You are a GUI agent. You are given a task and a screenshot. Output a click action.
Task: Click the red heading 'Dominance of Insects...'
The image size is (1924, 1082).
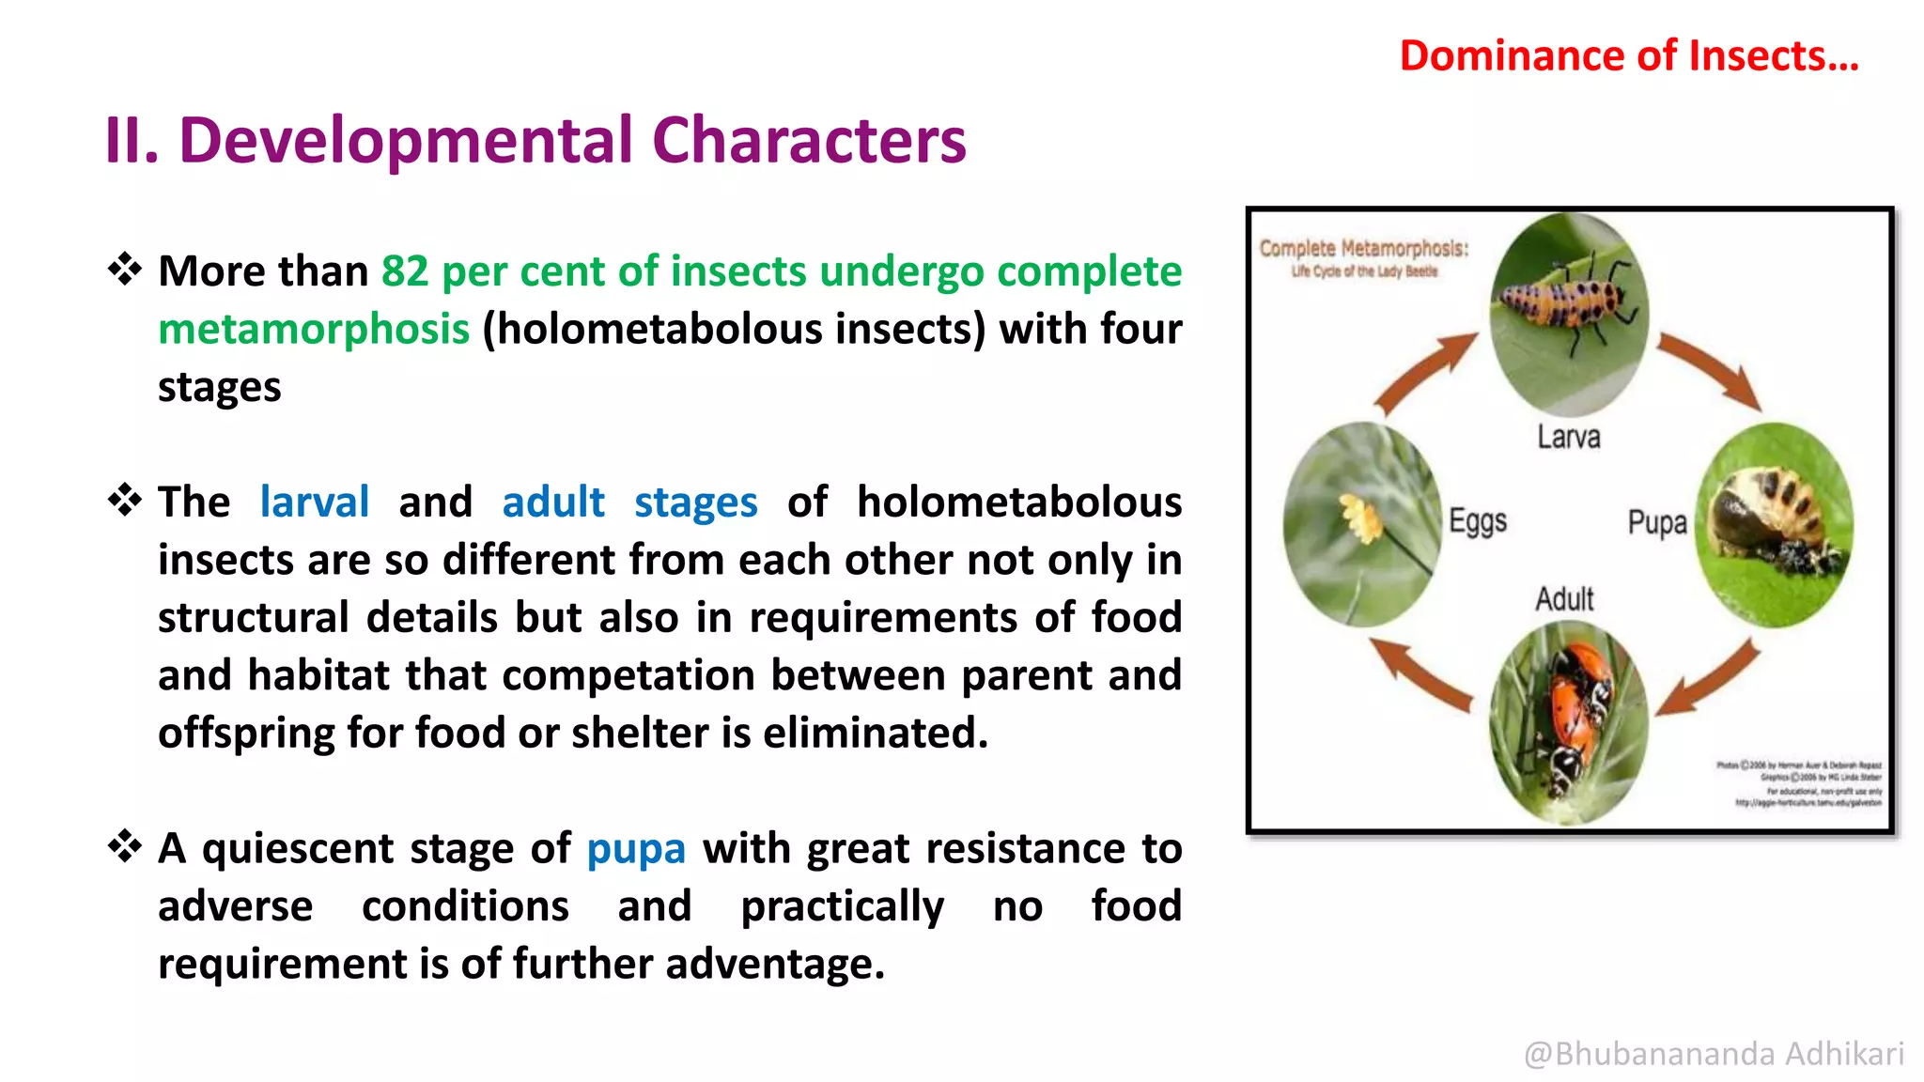coord(1628,56)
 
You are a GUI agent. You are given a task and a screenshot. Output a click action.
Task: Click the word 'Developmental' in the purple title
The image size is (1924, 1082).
coord(406,141)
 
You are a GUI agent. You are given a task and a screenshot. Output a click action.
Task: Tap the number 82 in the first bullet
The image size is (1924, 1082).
coord(404,271)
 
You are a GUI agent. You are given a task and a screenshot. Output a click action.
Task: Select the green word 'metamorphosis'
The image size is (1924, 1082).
coord(314,330)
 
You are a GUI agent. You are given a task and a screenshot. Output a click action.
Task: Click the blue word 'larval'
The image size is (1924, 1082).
coord(314,502)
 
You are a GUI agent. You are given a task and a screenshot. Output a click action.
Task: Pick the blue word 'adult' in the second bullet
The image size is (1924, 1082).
coord(552,502)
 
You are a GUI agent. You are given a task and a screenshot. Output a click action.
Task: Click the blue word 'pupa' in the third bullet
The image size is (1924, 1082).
coord(636,849)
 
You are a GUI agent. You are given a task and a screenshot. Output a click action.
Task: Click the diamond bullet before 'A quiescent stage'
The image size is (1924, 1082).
coord(124,847)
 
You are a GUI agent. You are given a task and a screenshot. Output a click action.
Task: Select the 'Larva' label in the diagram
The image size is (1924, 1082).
coord(1568,438)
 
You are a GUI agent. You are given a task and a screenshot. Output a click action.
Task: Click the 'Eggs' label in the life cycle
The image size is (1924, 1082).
coord(1477,521)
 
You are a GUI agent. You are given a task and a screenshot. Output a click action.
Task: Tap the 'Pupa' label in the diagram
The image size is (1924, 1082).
coord(1656,523)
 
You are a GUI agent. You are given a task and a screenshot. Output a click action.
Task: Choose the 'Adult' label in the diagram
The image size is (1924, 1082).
coord(1564,598)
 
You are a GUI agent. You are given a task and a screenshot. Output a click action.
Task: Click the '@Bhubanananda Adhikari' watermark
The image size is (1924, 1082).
coord(1713,1054)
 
